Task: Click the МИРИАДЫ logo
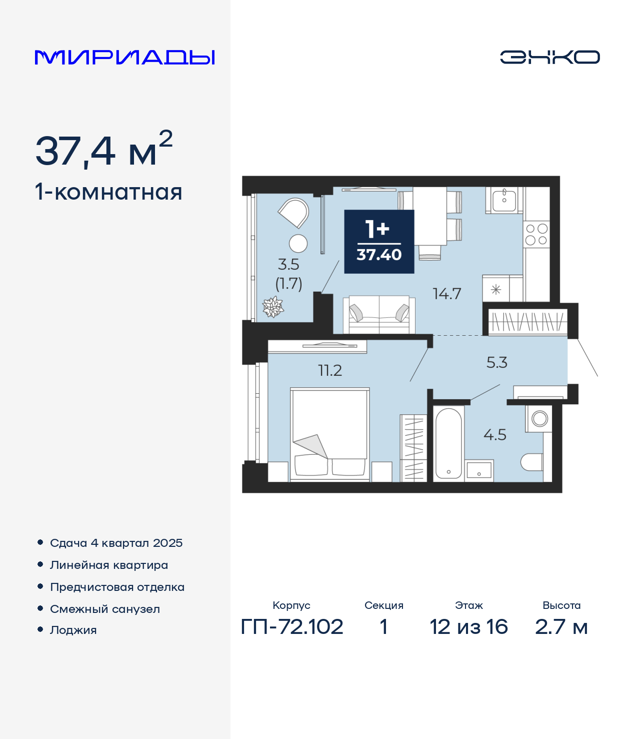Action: point(124,57)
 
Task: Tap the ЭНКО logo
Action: point(549,57)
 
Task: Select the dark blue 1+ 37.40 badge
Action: point(379,242)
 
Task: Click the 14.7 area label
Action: point(446,294)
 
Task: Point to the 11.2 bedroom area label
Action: point(330,371)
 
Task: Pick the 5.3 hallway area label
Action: point(496,363)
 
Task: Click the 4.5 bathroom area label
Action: point(495,435)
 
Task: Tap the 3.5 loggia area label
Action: point(288,265)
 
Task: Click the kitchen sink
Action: point(504,201)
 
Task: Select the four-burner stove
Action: point(536,234)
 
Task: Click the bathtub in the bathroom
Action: point(448,443)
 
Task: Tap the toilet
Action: point(531,462)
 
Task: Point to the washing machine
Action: point(539,419)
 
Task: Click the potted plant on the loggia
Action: point(273,307)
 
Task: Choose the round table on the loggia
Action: point(298,244)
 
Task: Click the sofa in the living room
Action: point(379,315)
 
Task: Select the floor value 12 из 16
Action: point(468,627)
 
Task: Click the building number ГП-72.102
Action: point(292,627)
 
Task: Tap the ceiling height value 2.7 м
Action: point(561,627)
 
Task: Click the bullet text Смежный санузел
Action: point(105,609)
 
